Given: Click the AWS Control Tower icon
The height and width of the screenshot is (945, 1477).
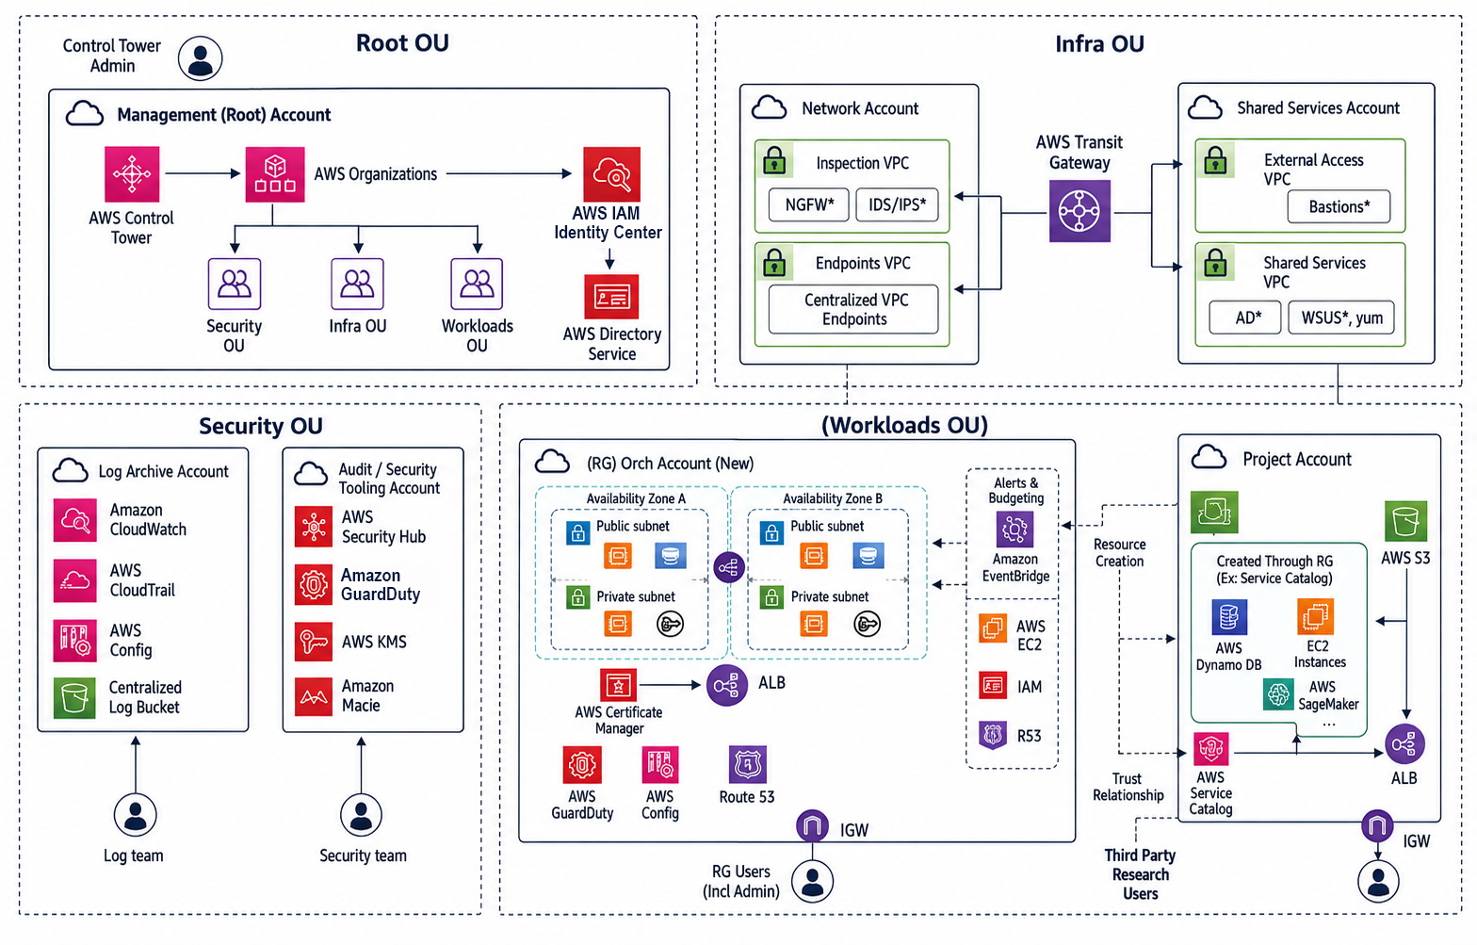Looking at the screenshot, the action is pyautogui.click(x=132, y=174).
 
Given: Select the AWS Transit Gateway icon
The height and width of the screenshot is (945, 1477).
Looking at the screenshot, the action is pyautogui.click(x=1079, y=211).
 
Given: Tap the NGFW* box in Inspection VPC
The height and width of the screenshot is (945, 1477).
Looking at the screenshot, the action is pyautogui.click(x=808, y=204).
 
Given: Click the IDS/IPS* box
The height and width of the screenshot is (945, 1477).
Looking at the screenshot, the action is pyautogui.click(x=897, y=204).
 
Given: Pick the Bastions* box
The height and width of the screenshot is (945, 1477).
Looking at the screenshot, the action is pyautogui.click(x=1339, y=206).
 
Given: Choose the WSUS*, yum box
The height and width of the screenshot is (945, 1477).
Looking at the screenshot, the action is pyautogui.click(x=1341, y=318).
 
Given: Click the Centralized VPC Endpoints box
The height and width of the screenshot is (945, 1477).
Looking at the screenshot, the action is pyautogui.click(x=853, y=309).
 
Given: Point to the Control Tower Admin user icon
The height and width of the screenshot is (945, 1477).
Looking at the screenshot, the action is pyautogui.click(x=200, y=58).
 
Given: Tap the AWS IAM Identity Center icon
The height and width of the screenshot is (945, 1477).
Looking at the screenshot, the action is pyautogui.click(x=611, y=174).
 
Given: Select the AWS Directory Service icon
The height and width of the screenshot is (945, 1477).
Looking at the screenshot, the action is pyautogui.click(x=611, y=297).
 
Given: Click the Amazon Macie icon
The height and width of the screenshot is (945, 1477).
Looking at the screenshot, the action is pyautogui.click(x=313, y=696).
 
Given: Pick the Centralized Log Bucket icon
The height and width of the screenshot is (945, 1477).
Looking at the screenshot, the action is pyautogui.click(x=74, y=698).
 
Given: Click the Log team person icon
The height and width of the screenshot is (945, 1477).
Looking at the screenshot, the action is pyautogui.click(x=136, y=815).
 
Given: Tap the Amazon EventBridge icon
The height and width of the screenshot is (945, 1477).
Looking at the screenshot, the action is pyautogui.click(x=1014, y=529).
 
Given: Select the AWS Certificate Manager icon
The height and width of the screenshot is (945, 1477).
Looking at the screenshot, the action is pyautogui.click(x=618, y=685).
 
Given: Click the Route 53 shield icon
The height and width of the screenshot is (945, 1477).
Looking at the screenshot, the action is pyautogui.click(x=747, y=765).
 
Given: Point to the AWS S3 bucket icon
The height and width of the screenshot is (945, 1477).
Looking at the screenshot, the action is pyautogui.click(x=1405, y=521).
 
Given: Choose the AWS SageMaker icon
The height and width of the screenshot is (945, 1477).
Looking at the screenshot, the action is pyautogui.click(x=1278, y=695).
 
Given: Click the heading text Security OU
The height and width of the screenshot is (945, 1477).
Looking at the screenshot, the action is pyautogui.click(x=260, y=426).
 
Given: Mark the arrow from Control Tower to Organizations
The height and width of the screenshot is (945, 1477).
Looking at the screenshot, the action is pyautogui.click(x=203, y=173).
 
